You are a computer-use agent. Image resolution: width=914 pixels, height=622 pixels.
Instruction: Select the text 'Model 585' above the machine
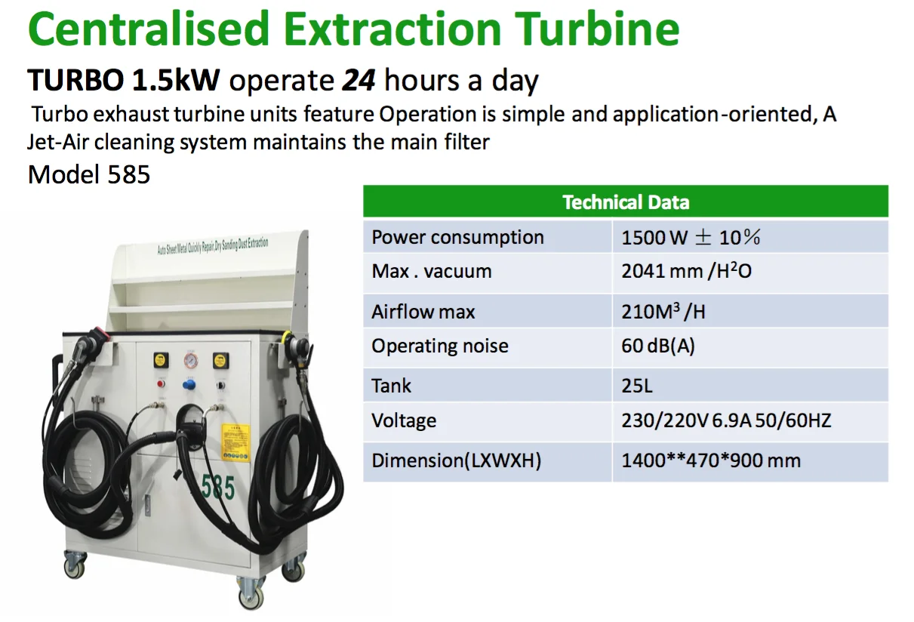(89, 174)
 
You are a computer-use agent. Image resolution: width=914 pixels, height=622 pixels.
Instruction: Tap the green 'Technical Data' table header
(625, 202)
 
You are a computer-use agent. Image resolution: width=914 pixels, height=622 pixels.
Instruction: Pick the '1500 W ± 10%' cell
(691, 237)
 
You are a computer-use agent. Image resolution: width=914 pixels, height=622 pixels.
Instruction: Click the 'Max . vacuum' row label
(431, 272)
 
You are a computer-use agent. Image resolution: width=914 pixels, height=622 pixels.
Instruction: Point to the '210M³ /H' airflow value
(663, 312)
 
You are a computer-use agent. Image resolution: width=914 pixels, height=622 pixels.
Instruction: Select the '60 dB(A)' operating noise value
(658, 346)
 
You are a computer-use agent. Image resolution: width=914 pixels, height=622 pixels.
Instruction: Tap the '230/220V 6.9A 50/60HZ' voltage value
(725, 420)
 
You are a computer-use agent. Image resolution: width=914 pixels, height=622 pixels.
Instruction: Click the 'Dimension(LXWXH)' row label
(456, 460)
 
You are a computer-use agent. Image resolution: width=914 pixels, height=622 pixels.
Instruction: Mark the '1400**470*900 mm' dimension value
(710, 460)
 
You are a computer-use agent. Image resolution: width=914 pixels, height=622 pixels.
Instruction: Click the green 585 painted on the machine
(218, 488)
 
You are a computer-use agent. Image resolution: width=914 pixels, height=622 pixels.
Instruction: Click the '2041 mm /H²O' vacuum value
(686, 272)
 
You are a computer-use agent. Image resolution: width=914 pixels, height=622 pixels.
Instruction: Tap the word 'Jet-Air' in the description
(59, 142)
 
